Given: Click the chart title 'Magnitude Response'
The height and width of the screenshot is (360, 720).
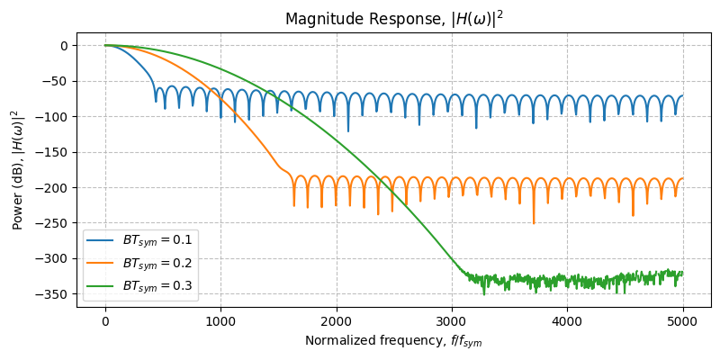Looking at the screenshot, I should [x=393, y=19].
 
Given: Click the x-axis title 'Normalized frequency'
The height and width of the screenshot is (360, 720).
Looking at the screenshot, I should [x=393, y=340].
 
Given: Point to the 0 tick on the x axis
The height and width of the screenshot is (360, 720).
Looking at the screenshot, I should [x=105, y=319].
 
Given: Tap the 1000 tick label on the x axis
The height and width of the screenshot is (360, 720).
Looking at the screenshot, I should [x=220, y=319].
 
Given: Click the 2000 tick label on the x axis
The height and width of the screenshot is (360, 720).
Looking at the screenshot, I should [x=337, y=319].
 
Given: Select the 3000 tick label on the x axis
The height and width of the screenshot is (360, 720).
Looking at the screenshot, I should [x=452, y=319].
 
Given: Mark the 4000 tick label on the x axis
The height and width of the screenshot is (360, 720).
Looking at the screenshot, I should [x=567, y=319].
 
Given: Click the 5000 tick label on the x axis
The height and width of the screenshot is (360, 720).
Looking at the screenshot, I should [x=682, y=319].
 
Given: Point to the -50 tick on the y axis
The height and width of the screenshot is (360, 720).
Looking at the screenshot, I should [x=56, y=81].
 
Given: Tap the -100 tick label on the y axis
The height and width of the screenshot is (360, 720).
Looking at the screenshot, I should [x=52, y=116].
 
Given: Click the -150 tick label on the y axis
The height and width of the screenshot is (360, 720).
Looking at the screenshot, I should [x=52, y=152].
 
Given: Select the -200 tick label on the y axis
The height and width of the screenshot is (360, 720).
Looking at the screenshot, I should [x=52, y=187].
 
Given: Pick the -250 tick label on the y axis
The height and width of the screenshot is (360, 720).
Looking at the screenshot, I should [x=52, y=223].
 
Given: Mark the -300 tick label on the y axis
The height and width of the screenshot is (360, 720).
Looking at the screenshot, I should [x=52, y=258].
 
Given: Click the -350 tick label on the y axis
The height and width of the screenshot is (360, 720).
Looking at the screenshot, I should [x=52, y=294].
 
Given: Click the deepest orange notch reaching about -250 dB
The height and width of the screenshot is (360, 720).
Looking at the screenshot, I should [x=534, y=221].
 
